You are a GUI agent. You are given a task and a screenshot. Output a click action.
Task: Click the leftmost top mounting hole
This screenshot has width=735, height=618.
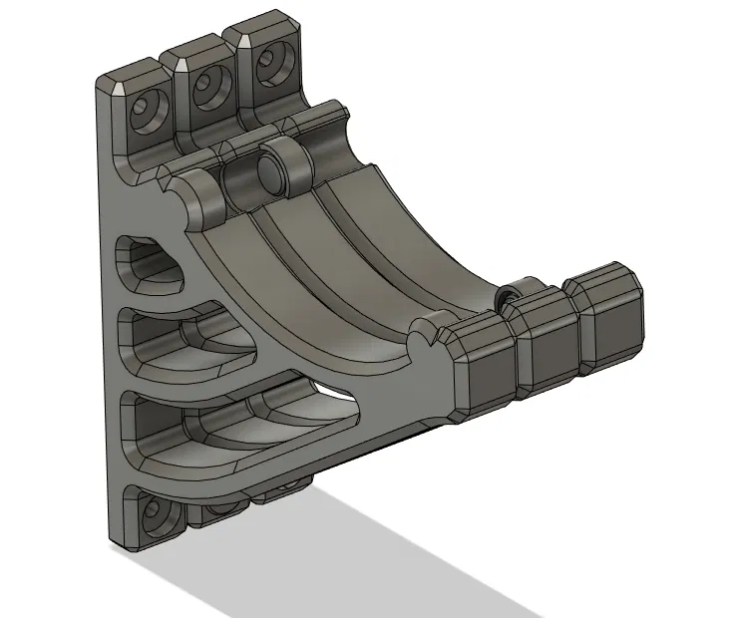(148, 107)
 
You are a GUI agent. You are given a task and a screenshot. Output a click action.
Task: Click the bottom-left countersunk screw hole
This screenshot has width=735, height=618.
(152, 513)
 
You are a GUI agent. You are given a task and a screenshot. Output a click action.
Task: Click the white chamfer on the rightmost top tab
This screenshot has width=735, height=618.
(240, 40)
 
